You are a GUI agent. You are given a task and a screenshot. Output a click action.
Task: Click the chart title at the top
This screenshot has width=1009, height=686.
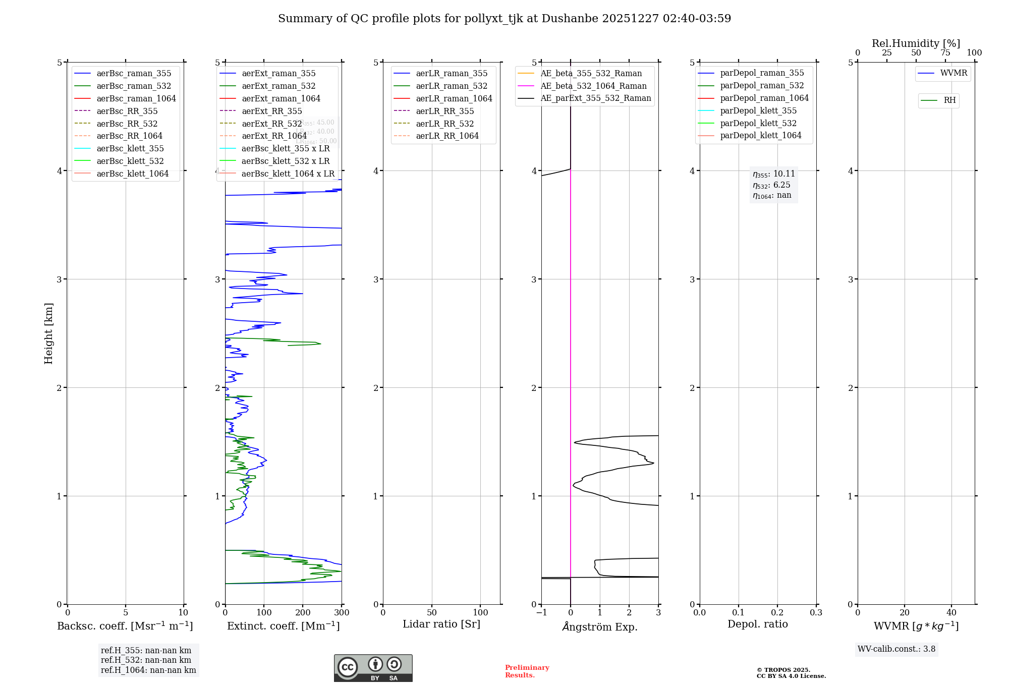point(504,19)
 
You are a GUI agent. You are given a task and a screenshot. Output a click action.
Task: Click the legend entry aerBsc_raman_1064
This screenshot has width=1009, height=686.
point(136,99)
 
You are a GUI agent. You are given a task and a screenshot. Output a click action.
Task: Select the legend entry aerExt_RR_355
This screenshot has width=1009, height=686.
point(271,111)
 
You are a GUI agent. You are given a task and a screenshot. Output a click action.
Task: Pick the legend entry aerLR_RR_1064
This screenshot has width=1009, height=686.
point(447,136)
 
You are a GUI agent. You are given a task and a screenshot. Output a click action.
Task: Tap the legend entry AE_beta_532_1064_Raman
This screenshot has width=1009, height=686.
point(593,86)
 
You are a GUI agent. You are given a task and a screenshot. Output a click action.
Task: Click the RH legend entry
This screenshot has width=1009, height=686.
point(949,100)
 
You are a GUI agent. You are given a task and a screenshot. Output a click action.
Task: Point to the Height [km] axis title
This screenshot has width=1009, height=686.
point(48,333)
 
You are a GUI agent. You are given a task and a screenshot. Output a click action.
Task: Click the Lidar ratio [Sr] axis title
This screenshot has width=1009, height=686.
point(441,624)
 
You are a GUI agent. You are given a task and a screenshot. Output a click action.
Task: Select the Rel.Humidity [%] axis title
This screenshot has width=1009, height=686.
point(916,44)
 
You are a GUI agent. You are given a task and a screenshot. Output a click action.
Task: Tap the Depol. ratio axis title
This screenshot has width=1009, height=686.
point(757,624)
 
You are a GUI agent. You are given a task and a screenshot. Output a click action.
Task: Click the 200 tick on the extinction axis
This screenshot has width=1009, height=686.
point(303,613)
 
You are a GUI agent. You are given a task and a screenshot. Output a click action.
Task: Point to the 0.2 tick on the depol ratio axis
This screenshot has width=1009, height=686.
point(777,613)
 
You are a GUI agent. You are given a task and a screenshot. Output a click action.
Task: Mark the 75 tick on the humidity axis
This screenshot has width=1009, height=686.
point(945,53)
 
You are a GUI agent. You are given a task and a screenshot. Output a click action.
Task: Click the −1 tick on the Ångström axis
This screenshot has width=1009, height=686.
point(541,613)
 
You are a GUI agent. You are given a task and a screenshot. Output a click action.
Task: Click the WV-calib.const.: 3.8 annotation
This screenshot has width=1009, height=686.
point(896,649)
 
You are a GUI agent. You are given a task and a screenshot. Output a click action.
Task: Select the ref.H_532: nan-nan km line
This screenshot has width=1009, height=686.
point(146,660)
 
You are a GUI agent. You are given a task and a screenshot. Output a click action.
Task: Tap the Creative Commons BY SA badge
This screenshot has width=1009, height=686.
point(373,668)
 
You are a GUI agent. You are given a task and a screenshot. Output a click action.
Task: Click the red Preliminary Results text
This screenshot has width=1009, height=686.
point(527,671)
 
